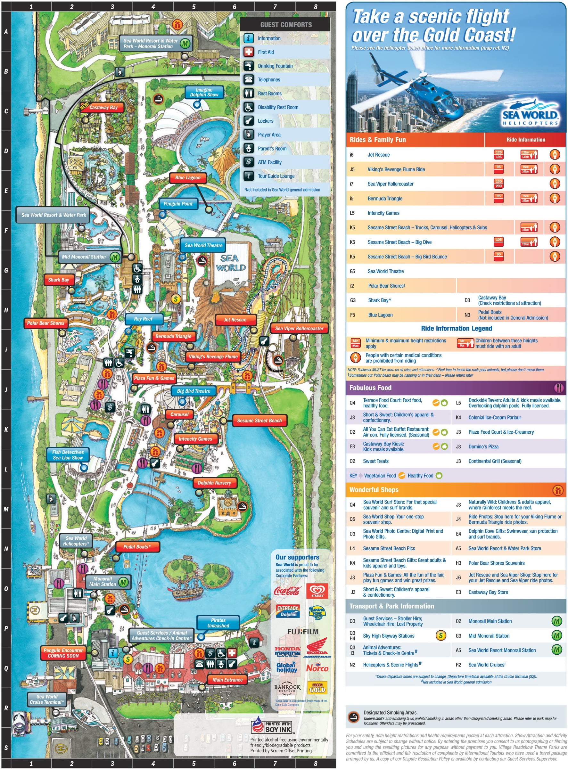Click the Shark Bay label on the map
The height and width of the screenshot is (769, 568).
tap(58, 280)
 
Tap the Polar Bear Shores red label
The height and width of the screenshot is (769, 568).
tap(45, 323)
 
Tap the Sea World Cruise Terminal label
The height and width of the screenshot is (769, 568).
tap(47, 699)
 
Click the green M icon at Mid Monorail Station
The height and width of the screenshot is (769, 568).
tap(115, 257)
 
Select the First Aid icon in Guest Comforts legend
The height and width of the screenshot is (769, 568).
tap(249, 52)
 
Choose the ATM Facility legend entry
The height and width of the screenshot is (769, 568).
tap(269, 162)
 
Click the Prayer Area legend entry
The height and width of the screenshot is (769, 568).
tap(269, 135)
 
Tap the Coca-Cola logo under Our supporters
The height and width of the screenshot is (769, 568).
tap(287, 591)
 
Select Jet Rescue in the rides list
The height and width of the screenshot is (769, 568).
tap(379, 155)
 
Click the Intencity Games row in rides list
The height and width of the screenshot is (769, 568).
tap(383, 213)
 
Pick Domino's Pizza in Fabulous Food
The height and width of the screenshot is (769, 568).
tap(483, 446)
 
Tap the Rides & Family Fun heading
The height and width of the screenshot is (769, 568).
tap(377, 140)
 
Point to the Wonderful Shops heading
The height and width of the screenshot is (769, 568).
tap(374, 489)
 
